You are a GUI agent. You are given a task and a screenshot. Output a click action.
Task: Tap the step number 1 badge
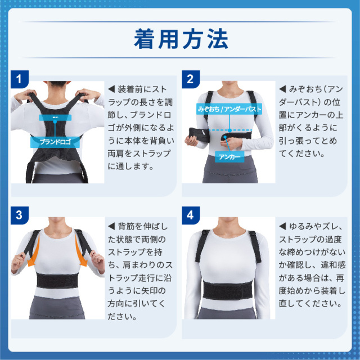(19, 79)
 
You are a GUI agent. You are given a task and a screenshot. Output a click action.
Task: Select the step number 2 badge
(190, 79)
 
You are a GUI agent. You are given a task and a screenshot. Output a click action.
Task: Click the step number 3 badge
(19, 215)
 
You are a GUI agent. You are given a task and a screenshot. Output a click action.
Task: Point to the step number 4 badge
(190, 215)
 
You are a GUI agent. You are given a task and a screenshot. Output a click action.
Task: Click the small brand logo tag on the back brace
(55, 118)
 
